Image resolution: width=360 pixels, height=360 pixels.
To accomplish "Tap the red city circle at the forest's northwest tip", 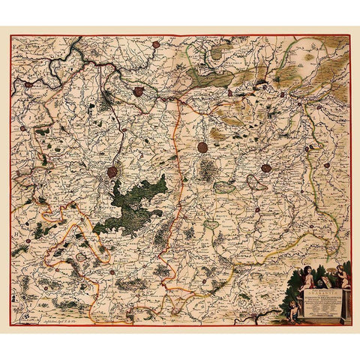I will [x=112, y=172].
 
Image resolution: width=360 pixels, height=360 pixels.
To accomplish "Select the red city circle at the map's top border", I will [x=155, y=44].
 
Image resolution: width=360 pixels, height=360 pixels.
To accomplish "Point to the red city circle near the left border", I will [x=28, y=84].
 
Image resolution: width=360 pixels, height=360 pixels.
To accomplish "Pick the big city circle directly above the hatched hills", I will [x=202, y=147].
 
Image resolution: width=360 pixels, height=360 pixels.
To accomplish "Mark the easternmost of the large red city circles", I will [x=266, y=168].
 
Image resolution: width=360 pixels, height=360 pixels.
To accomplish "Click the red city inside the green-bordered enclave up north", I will [x=139, y=91].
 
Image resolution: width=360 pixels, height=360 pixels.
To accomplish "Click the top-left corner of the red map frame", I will [x=11, y=35].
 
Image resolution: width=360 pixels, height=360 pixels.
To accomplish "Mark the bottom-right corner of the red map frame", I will [x=350, y=324].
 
